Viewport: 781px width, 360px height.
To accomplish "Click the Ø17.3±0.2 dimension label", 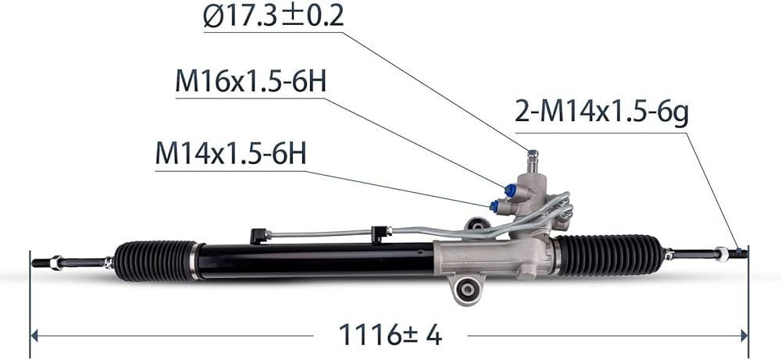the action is [x=273, y=16].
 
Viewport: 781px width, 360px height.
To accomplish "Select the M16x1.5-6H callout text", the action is [x=251, y=82].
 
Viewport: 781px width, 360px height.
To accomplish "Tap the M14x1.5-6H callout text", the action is [x=230, y=154].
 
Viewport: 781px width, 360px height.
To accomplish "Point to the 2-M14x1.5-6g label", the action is [x=601, y=113].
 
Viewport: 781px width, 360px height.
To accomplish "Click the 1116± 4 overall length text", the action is [x=390, y=334].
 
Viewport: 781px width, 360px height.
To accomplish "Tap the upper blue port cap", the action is [x=510, y=191].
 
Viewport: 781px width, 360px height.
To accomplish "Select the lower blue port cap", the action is [x=494, y=205].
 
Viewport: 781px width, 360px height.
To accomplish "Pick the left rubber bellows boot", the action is [x=155, y=261].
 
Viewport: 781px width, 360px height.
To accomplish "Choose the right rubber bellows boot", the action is [x=609, y=255].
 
